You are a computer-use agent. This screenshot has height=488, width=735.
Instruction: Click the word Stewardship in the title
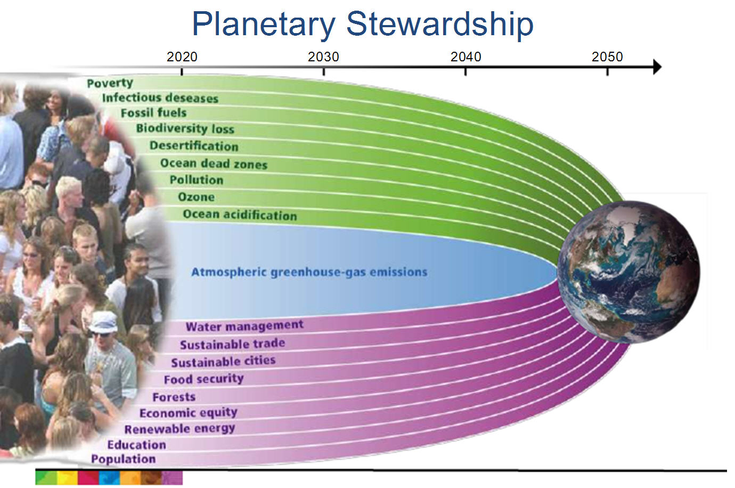[440, 24]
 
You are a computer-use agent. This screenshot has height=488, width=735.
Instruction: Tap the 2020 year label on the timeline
[182, 57]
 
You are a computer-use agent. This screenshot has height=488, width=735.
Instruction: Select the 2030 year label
[323, 57]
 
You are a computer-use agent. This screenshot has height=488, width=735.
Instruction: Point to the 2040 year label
[466, 57]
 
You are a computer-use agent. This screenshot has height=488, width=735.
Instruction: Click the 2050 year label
[607, 57]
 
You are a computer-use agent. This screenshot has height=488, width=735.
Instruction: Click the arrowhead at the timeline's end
[657, 67]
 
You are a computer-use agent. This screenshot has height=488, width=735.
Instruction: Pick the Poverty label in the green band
[110, 83]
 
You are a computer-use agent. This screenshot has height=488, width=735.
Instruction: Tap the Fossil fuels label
[153, 113]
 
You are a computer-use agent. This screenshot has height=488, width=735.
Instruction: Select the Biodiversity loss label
[185, 129]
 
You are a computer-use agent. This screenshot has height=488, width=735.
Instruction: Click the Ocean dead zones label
[214, 164]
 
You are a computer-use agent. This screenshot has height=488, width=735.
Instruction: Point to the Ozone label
[196, 197]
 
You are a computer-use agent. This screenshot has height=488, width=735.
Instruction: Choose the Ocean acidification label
[240, 214]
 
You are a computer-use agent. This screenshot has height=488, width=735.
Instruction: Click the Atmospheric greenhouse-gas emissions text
[309, 272]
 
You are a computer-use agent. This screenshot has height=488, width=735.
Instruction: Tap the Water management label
[244, 326]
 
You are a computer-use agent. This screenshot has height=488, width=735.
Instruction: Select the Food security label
[204, 379]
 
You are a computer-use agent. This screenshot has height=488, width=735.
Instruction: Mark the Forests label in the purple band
[174, 397]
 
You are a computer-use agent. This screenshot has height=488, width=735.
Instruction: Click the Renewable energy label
[180, 428]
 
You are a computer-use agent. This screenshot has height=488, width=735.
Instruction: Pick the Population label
[124, 459]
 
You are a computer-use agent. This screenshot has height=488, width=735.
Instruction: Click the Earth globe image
[628, 272]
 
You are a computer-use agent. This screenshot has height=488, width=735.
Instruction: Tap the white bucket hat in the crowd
[104, 322]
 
